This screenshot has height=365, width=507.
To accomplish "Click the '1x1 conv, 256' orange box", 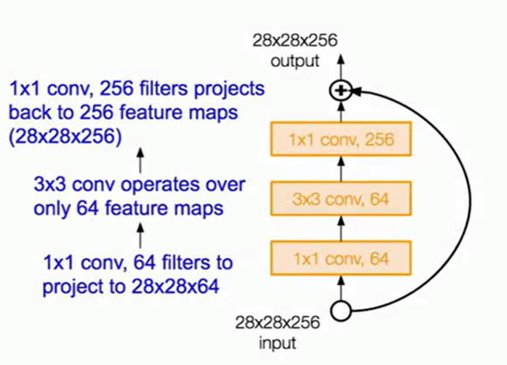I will point(340,140).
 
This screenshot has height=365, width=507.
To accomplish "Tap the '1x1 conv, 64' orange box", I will point(340,259).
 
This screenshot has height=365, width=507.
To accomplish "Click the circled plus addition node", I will point(340,91).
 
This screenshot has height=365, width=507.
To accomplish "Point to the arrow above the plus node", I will point(340,69).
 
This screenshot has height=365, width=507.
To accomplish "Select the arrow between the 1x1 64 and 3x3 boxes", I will point(340,229).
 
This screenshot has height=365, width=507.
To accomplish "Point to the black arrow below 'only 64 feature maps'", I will point(140,236).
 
